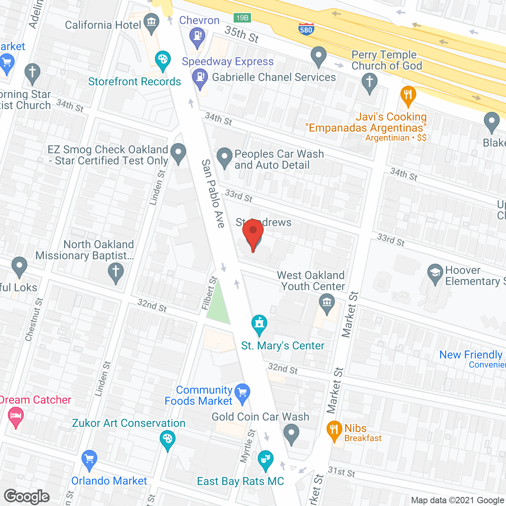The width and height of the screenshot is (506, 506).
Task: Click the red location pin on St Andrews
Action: [x=253, y=233]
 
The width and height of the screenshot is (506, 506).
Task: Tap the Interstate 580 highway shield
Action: [x=306, y=28]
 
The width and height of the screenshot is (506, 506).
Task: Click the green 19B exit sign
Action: [x=242, y=18]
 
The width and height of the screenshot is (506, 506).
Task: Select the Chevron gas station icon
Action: [x=197, y=36]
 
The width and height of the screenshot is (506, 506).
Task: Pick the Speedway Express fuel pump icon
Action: [x=200, y=76]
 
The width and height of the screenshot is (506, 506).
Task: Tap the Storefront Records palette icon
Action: [x=162, y=60]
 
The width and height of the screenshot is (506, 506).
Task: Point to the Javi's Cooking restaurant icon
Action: [x=408, y=95]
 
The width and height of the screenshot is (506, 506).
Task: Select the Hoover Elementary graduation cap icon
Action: [x=435, y=272]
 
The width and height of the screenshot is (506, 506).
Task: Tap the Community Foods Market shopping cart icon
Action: [x=242, y=393]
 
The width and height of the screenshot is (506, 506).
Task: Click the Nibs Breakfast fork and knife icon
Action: [x=334, y=430]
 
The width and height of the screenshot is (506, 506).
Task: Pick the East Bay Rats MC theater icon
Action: [x=266, y=459]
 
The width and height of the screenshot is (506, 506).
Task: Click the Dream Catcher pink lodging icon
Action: [x=16, y=417]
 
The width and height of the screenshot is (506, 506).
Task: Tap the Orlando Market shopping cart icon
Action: [x=89, y=459]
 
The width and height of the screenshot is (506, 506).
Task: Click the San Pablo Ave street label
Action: [x=213, y=194]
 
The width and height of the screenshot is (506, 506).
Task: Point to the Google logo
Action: [x=27, y=497]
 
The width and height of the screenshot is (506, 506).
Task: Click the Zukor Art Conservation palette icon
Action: [x=168, y=439]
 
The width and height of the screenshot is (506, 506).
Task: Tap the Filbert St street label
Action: [x=210, y=293]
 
